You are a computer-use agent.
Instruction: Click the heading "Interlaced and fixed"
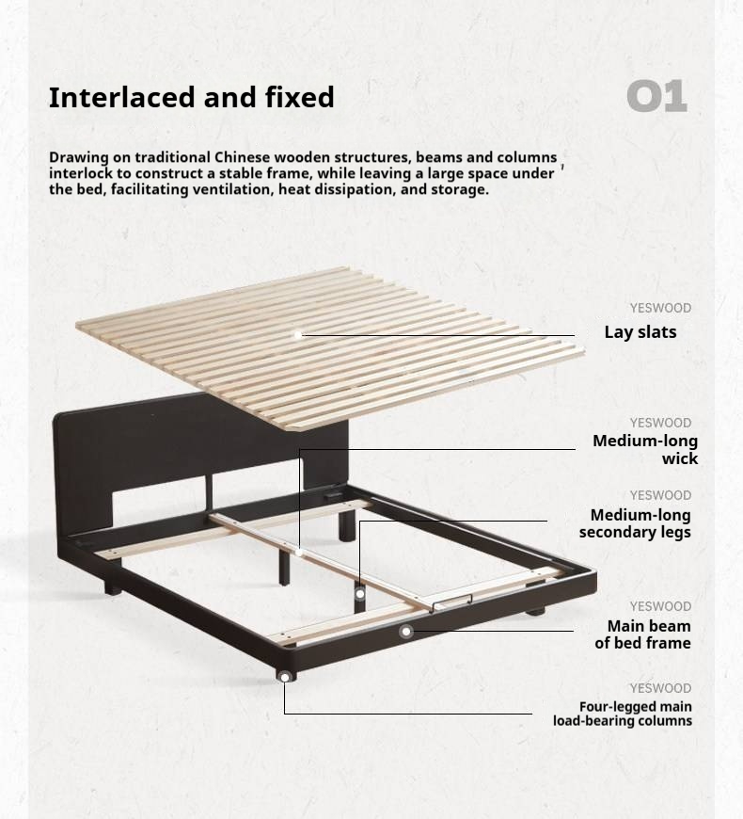191,97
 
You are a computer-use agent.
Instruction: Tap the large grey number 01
656,97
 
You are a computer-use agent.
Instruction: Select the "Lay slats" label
640,332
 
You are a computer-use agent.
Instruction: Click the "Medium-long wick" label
645,450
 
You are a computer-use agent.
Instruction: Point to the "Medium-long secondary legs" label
635,523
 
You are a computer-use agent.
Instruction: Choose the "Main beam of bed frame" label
642,634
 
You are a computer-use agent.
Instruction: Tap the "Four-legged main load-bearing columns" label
623,714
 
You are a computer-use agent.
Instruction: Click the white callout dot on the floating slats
298,334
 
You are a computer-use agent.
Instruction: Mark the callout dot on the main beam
406,632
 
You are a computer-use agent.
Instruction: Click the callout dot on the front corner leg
284,676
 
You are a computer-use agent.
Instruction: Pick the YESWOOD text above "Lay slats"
660,308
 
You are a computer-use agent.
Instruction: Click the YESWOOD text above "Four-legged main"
660,688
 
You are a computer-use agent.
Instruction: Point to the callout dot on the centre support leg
359,594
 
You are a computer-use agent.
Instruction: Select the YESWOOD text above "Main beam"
660,606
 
